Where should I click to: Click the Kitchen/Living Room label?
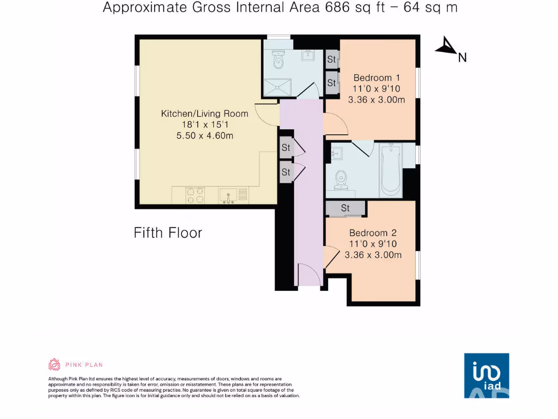pos(204,113)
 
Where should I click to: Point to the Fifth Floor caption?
pos(168,233)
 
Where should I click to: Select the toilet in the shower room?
pos(279,60)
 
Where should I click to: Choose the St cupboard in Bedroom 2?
pos(345,208)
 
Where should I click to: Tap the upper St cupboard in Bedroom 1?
pos(331,59)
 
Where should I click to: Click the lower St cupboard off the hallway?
pos(286,172)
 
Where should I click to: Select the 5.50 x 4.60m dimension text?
pos(204,135)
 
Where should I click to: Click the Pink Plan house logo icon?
pos(54,364)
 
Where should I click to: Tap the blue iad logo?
pos(486,375)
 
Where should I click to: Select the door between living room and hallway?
pos(267,113)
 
